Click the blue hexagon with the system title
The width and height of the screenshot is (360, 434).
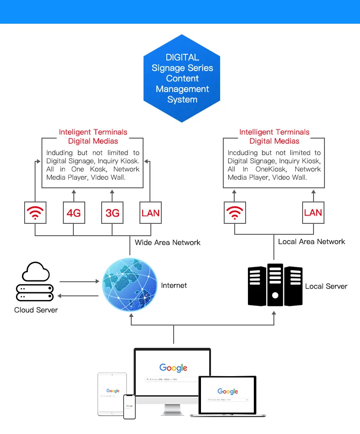click(182, 78)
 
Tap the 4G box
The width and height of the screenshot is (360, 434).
click(74, 213)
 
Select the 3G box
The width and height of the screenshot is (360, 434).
click(112, 213)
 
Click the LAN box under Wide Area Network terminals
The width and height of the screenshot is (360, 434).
click(150, 213)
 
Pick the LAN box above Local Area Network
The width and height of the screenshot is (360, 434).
click(313, 213)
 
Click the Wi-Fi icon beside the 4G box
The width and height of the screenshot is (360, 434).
click(35, 213)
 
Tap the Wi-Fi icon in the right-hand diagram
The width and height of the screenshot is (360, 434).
click(235, 213)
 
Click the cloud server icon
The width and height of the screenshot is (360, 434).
click(35, 282)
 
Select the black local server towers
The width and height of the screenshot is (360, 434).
click(275, 285)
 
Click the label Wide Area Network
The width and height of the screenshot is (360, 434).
click(167, 243)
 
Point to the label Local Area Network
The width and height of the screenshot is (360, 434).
click(311, 242)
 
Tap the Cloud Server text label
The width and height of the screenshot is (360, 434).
click(36, 310)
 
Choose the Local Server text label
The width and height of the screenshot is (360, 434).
click(326, 286)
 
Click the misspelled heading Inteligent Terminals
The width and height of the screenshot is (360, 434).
click(93, 132)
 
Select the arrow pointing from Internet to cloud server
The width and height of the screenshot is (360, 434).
click(78, 296)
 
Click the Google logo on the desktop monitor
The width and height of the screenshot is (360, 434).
click(173, 367)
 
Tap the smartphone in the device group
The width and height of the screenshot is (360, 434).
click(129, 407)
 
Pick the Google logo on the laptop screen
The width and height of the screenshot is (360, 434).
click(227, 391)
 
